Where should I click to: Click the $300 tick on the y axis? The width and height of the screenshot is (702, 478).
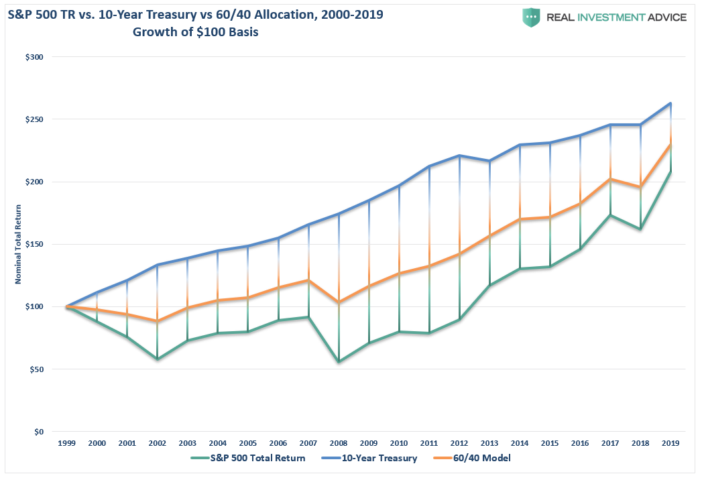click(x=33, y=57)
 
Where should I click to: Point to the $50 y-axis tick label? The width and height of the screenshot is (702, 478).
click(x=35, y=369)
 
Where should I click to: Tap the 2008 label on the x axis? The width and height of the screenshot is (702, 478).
click(x=338, y=443)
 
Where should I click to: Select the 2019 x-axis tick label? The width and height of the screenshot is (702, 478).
click(x=670, y=443)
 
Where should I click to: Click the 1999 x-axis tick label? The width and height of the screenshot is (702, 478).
click(x=66, y=443)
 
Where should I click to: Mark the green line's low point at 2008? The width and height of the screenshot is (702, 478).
click(x=338, y=362)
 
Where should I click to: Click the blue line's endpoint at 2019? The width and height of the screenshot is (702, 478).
click(x=670, y=103)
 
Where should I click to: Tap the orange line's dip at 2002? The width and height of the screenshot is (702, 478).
click(x=157, y=322)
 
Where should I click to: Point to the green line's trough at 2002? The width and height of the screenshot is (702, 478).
click(x=157, y=359)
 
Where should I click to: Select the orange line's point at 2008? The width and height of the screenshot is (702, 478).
click(x=338, y=302)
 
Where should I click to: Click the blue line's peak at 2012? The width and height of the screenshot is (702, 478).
click(x=459, y=156)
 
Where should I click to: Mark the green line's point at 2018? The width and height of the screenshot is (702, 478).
click(x=640, y=229)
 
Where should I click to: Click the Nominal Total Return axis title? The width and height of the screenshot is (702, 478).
click(x=19, y=244)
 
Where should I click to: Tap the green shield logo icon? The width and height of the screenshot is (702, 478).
click(x=532, y=17)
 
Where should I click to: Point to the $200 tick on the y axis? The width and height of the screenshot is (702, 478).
click(x=33, y=182)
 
